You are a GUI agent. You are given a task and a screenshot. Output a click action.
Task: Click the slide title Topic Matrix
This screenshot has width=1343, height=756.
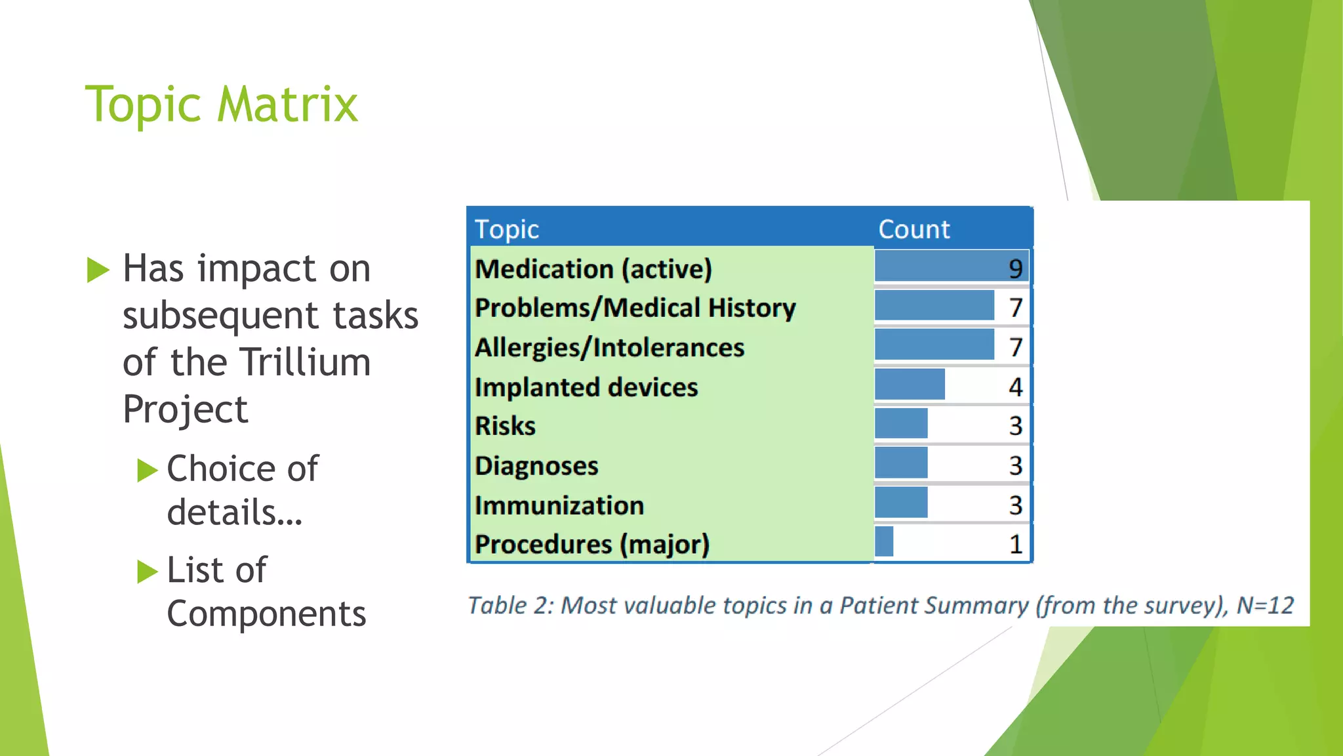point(222,105)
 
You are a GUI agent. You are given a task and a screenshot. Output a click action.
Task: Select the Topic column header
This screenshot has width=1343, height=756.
point(506,230)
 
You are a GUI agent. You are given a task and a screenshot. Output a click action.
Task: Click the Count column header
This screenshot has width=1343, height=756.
point(913,230)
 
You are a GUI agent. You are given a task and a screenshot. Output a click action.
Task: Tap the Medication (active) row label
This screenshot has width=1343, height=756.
point(593,269)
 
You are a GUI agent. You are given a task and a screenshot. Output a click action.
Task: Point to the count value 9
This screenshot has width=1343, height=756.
point(1015,268)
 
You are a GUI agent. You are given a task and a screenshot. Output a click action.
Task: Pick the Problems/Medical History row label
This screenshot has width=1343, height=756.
point(635,308)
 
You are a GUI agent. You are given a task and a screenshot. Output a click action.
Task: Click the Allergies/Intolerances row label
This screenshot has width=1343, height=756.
point(609,347)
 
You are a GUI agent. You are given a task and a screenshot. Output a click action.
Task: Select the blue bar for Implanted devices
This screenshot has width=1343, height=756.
point(910,385)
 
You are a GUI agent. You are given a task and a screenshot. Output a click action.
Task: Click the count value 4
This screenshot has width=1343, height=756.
point(1015,387)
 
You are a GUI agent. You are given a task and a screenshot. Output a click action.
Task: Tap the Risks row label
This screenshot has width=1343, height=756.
point(505,426)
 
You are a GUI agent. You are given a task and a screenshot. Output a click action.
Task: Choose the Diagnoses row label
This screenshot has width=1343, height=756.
point(536,466)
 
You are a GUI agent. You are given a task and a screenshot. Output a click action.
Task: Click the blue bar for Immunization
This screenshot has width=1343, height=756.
point(901,503)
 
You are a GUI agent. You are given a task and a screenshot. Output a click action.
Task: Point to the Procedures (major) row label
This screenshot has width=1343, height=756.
point(592,544)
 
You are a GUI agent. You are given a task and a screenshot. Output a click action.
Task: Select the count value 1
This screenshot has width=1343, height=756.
point(1016,544)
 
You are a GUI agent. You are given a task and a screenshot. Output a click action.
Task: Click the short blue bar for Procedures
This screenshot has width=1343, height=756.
point(884,542)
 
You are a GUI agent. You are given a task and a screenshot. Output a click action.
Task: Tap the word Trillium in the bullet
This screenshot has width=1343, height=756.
point(305,362)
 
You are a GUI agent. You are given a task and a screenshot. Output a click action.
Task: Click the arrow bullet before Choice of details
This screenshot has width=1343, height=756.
point(148,470)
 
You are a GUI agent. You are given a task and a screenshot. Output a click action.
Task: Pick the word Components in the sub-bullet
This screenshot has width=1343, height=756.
point(266,614)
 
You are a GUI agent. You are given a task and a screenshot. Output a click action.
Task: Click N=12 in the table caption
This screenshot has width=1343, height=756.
point(1265,605)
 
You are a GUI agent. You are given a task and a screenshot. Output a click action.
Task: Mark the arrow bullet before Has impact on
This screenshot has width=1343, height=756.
point(98,270)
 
